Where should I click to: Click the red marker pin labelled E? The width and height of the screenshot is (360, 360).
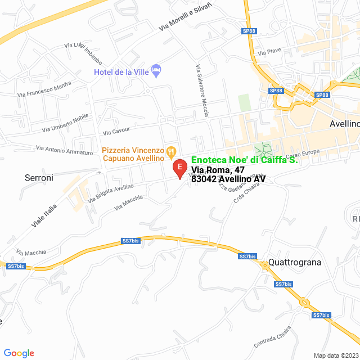point(179,168)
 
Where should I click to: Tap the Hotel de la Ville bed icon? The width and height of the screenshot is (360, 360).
point(157,70)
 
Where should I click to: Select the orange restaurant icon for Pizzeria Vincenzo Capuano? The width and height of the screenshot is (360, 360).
point(172,151)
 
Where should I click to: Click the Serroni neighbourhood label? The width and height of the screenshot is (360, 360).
point(39,178)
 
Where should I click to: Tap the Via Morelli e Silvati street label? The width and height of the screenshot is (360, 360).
point(185,17)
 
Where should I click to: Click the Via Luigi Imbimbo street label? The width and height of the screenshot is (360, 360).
point(83,53)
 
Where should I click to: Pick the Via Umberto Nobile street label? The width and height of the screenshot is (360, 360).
point(65,123)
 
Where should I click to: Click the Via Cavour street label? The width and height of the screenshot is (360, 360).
point(116,133)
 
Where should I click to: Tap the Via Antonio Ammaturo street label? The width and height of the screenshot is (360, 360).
point(64,150)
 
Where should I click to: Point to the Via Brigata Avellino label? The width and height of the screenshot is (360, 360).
point(111,193)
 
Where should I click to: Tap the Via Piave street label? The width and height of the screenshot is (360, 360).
point(269,52)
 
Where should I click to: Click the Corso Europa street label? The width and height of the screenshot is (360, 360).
point(303,152)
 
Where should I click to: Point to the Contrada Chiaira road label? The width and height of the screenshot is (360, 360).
point(272,337)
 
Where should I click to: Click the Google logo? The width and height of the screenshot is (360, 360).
point(19,353)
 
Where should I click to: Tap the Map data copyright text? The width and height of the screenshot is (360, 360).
point(335,355)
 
